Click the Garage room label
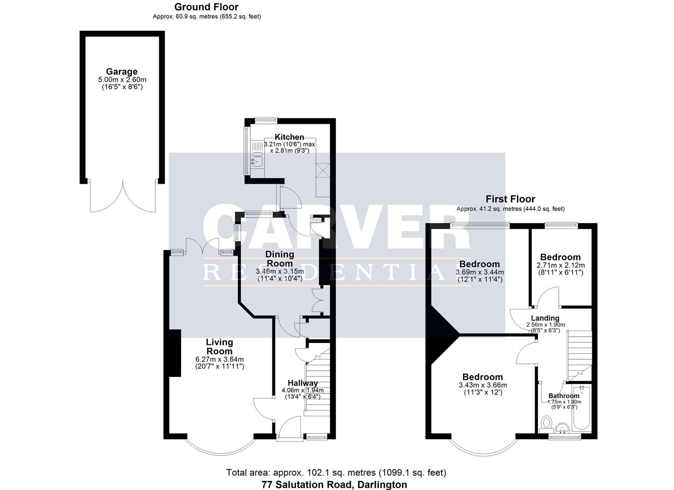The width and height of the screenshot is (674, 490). click(x=122, y=72)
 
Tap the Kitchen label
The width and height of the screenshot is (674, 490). click(x=290, y=137)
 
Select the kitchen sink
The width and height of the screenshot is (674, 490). click(x=257, y=159)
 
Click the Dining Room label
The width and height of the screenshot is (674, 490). click(x=280, y=259)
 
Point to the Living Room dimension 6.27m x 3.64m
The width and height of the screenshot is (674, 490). click(x=220, y=359)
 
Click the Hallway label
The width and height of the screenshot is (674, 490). click(x=303, y=383)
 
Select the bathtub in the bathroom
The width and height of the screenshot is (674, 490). click(x=581, y=408)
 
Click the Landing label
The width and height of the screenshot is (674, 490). click(x=545, y=318)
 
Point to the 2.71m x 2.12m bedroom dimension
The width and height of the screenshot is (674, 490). click(x=561, y=265)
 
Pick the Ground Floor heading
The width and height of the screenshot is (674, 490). click(x=207, y=7)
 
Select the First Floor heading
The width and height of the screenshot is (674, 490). click(x=510, y=199)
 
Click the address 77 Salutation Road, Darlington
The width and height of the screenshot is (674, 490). click(x=335, y=485)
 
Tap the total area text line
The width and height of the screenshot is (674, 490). click(x=336, y=473)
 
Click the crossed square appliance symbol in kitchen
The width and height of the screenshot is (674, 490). click(x=323, y=170)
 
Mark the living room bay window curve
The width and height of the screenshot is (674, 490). click(x=221, y=453)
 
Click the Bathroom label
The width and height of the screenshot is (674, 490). click(x=564, y=396)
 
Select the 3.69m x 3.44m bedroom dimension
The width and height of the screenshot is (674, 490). click(x=480, y=273)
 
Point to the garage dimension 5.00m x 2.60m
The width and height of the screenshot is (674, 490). click(x=122, y=80)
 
